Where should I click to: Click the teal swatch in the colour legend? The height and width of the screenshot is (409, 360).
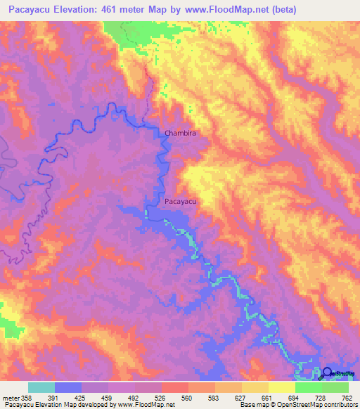tap(41, 387)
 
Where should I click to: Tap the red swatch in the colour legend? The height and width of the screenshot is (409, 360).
tap(174, 387)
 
